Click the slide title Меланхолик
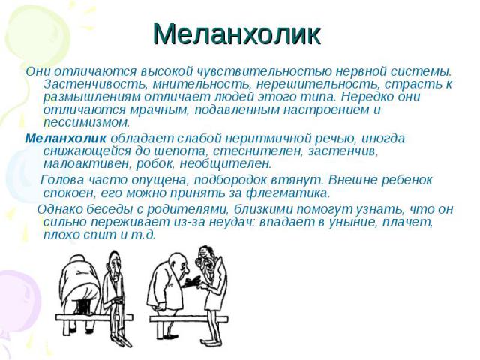point(237,34)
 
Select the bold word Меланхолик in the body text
point(65,139)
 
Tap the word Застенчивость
point(96,84)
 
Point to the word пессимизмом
point(87,123)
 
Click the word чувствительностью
point(264,71)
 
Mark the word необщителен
point(225,164)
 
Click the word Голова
point(62,180)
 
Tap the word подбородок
point(230,180)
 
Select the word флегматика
point(288,193)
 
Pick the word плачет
point(407,222)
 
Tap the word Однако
point(59,209)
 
